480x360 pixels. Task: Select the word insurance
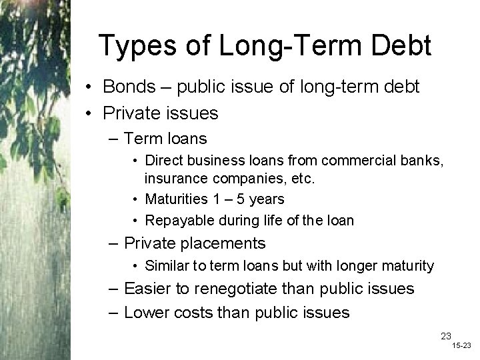coord(171,179)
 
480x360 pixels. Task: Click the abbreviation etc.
coord(303,179)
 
